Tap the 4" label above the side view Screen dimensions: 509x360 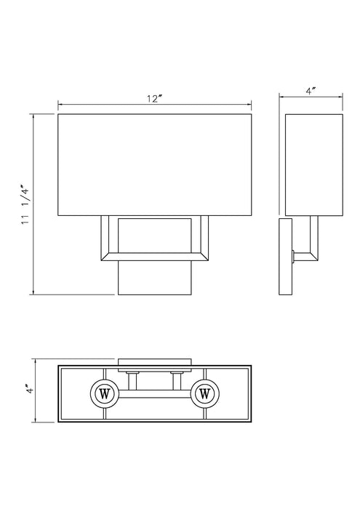(312, 92)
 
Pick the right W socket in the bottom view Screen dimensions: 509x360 (204, 394)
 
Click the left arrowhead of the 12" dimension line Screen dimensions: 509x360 (60, 104)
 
